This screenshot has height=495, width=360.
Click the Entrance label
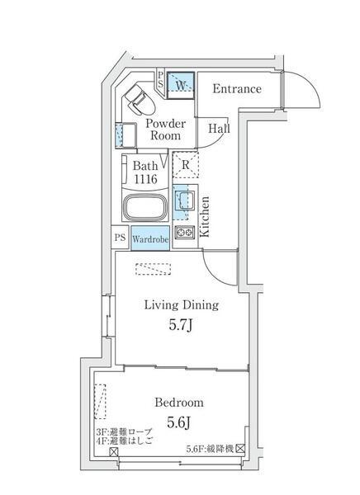237,89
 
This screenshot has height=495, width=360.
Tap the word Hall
219,129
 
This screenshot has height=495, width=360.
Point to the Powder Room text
165,130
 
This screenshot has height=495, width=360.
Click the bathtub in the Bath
145,206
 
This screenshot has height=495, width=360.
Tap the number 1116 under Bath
145,179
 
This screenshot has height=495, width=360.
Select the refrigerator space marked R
186,165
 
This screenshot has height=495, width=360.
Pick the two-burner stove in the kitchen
184,233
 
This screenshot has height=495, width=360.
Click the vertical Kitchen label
205,216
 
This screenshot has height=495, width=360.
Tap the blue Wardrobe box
150,238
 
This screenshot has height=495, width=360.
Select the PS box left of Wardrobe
120,238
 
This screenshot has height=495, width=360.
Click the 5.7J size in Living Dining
181,325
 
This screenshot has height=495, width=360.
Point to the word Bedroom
179,403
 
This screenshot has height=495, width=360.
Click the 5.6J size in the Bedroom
179,422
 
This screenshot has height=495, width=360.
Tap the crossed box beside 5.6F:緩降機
240,448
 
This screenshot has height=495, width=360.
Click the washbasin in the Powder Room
126,135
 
